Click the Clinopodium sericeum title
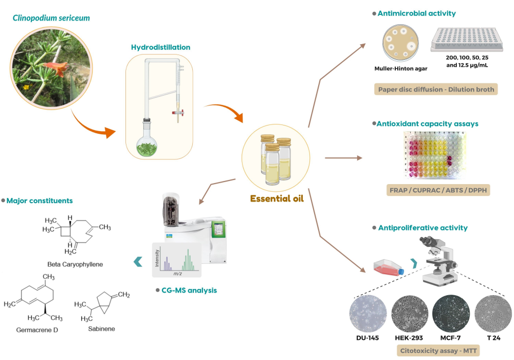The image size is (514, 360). tap(51, 19)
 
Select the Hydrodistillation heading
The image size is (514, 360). tap(161, 47)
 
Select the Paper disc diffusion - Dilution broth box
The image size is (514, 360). tap(436, 89)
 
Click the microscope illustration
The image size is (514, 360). tap(438, 260)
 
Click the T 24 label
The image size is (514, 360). tap(493, 338)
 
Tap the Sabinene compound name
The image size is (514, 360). tap(101, 329)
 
